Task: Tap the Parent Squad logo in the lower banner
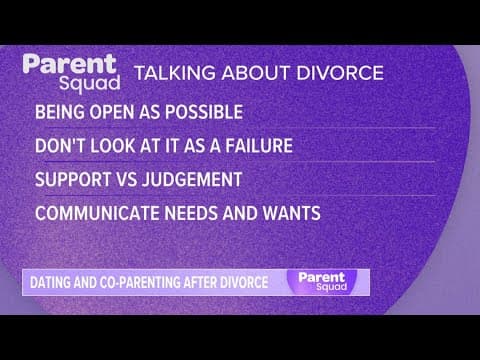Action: click(319, 281)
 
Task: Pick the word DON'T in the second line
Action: click(60, 145)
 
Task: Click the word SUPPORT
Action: click(72, 179)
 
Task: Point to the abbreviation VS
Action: click(127, 179)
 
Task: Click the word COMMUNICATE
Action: click(93, 213)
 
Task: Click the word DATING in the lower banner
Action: click(53, 282)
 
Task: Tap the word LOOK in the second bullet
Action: click(118, 145)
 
